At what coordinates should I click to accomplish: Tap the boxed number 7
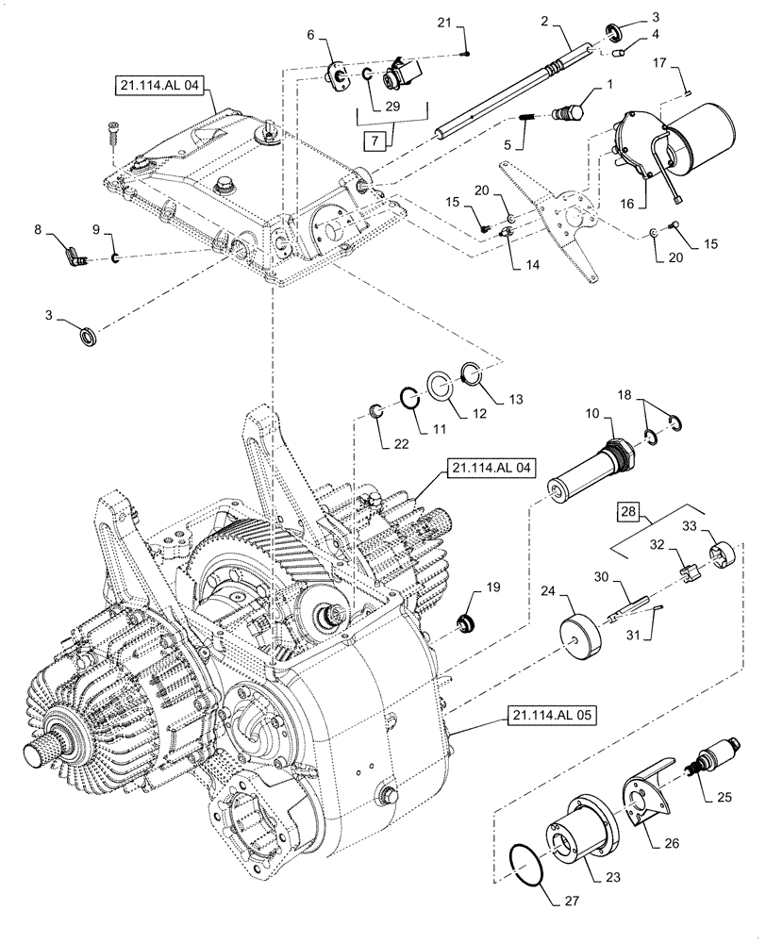click(x=375, y=141)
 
